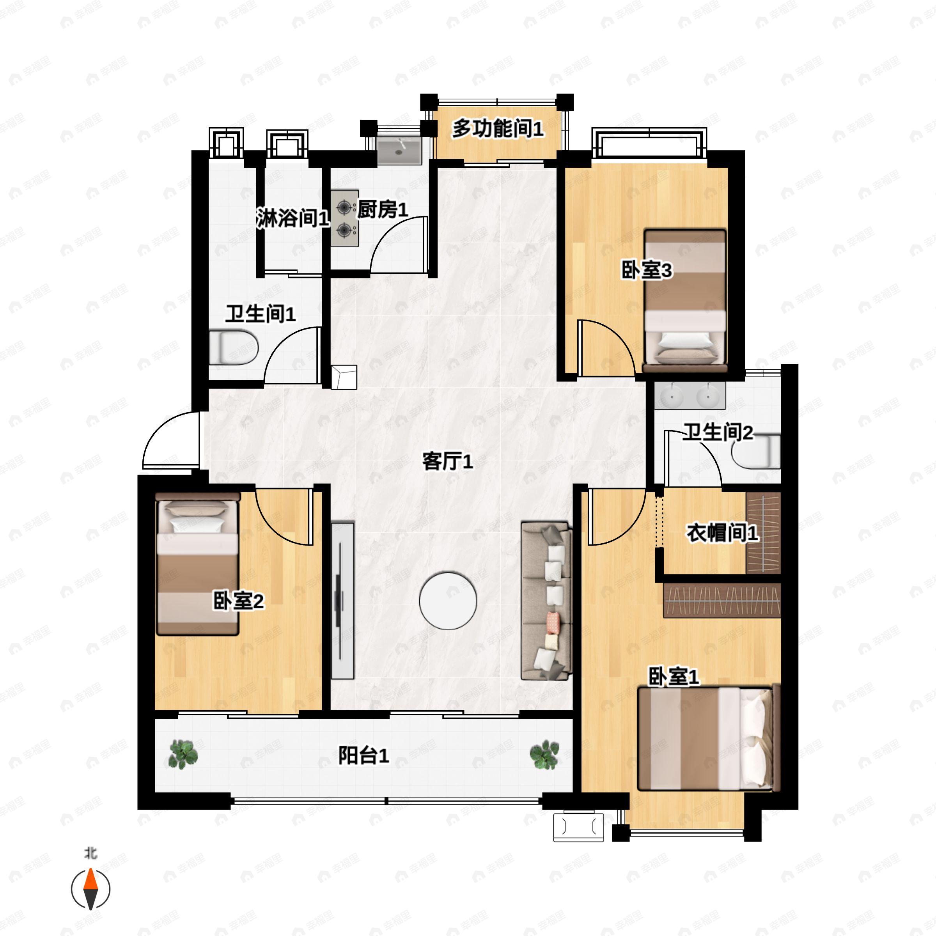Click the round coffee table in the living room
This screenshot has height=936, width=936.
point(448,601)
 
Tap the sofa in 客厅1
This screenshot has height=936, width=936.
point(546,601)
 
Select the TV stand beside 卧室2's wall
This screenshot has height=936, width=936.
point(342,600)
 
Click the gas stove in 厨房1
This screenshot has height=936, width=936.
point(344,218)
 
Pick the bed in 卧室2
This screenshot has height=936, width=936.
point(198,564)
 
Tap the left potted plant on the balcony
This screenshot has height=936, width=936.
point(183,754)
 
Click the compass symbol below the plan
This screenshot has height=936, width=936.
point(90,889)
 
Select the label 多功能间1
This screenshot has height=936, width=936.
point(498,129)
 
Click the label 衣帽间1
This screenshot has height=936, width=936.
point(722,534)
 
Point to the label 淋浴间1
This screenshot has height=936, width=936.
point(293,218)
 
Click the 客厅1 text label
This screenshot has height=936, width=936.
point(448,461)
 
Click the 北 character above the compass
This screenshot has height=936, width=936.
point(90,854)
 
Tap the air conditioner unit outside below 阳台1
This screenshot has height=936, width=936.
point(578,827)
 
